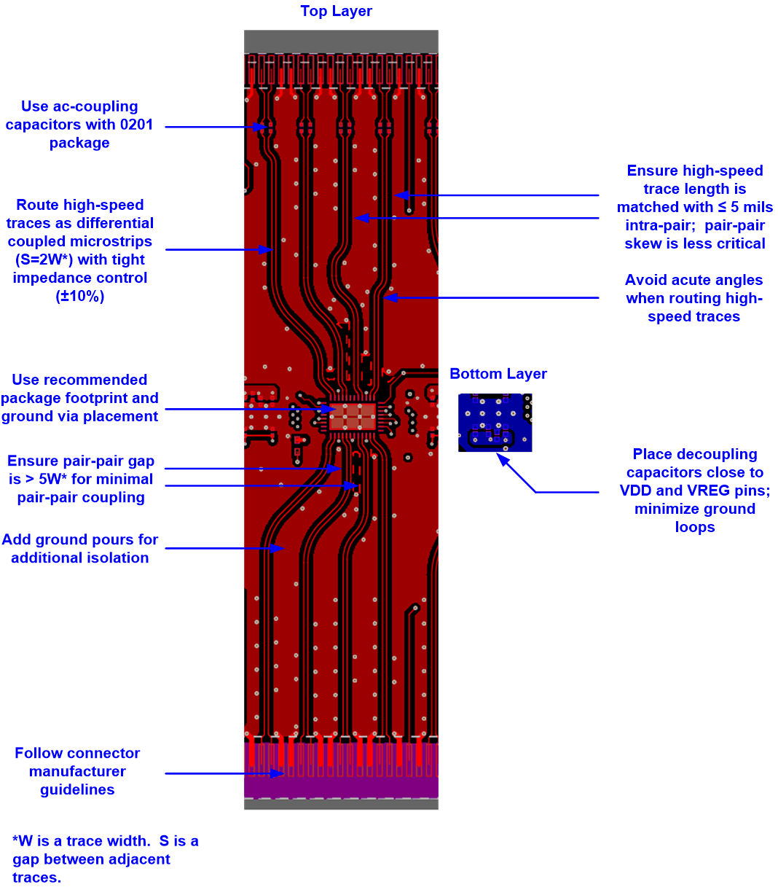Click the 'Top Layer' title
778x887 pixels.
click(x=336, y=11)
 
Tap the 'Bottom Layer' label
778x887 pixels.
click(x=498, y=374)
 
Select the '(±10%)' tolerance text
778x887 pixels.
click(x=80, y=296)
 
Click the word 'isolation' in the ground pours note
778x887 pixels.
click(x=117, y=558)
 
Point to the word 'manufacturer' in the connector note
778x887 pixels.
click(x=77, y=771)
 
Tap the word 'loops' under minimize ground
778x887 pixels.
click(x=694, y=527)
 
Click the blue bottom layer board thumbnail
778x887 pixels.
click(x=495, y=422)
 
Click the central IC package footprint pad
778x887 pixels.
click(x=353, y=416)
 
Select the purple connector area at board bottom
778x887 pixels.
click(x=341, y=786)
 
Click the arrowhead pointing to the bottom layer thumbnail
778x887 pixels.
click(x=500, y=457)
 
